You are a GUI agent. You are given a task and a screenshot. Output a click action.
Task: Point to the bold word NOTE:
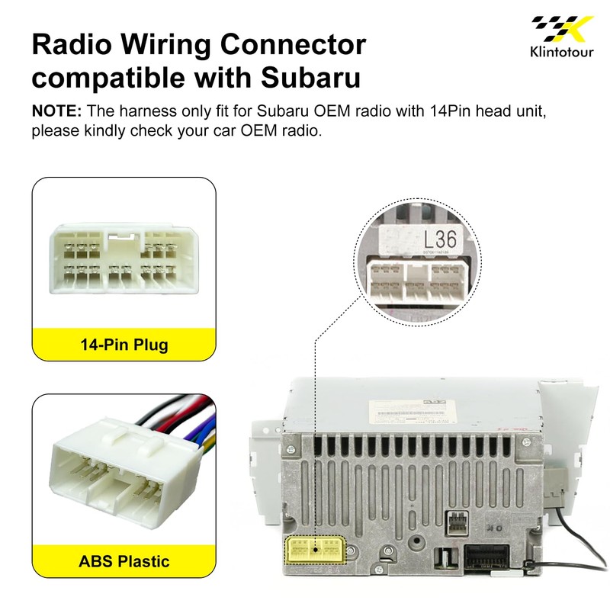pos(56,111)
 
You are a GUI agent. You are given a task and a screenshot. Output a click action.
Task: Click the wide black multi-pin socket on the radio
pos(488,560)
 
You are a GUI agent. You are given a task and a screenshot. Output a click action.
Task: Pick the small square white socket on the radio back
pos(458,523)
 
